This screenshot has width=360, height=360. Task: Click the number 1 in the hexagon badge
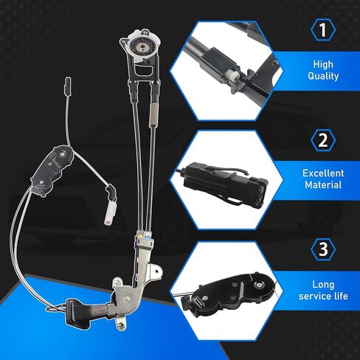tap(323, 30)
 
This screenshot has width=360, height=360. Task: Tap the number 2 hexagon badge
tap(323, 140)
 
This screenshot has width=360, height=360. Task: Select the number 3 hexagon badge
tap(323, 249)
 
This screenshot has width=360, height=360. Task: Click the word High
tap(323, 64)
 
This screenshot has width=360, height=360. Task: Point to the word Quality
tap(323, 76)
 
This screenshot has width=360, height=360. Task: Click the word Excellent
tap(323, 173)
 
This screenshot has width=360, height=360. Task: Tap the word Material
tap(323, 185)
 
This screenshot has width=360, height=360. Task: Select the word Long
tap(323, 285)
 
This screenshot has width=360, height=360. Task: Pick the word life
tap(341, 296)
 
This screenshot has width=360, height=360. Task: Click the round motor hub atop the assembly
tap(141, 45)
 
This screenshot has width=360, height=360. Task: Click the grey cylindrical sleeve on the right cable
tap(153, 115)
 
